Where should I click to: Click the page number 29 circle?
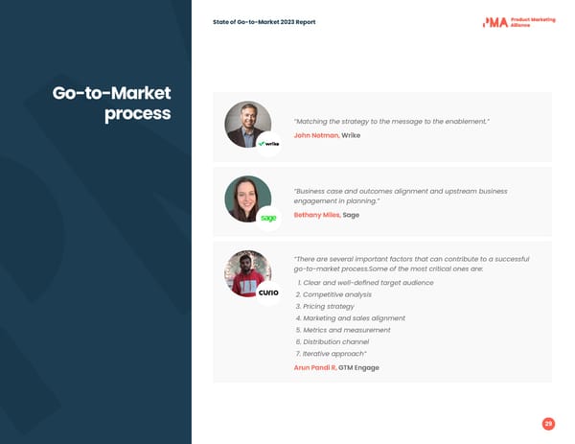point(548,424)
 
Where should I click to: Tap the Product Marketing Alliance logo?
point(518,22)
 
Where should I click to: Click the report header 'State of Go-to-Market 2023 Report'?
point(264,22)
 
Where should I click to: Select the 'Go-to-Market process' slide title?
point(112,104)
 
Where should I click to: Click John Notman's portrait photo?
point(247,124)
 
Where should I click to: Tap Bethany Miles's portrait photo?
point(247,199)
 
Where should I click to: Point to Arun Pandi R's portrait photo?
point(247,273)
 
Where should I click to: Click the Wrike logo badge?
point(268,144)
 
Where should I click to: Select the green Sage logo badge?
point(268,219)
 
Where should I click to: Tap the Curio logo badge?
point(268,292)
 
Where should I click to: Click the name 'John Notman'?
point(315,135)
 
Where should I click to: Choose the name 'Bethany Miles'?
point(316,215)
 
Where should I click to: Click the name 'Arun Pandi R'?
point(314,367)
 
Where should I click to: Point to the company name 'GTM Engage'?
point(358,367)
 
